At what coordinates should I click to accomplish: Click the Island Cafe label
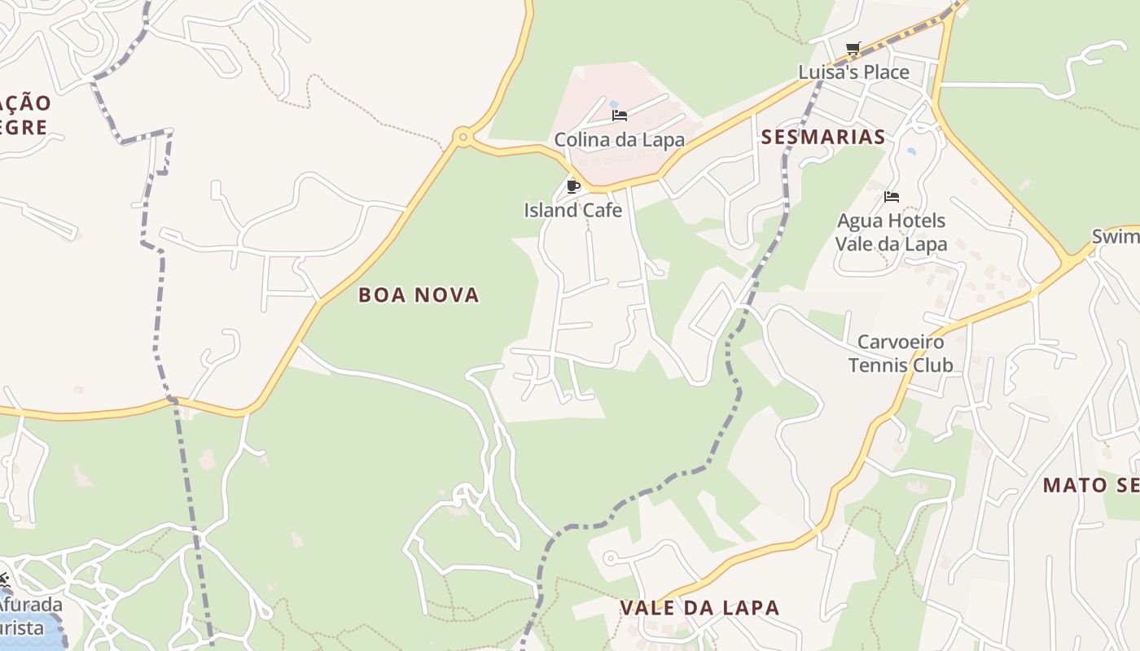click(572, 210)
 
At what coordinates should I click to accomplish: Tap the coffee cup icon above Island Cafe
click(573, 186)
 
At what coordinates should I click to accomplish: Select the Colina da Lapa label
click(619, 139)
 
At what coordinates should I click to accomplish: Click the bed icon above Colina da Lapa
click(620, 116)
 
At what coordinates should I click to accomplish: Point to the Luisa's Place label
click(853, 72)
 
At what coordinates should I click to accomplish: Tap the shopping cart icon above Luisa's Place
click(853, 49)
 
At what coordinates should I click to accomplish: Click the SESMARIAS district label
click(822, 137)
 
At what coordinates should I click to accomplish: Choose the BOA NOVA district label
click(419, 295)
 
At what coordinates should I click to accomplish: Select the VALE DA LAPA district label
click(699, 607)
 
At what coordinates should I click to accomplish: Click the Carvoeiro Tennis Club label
click(901, 353)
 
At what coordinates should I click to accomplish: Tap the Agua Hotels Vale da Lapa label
click(891, 232)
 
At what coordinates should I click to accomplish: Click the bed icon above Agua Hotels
click(892, 197)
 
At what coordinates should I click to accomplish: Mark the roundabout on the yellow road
click(463, 137)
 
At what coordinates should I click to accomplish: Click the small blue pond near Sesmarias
click(911, 151)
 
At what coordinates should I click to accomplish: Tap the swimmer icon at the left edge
click(4, 581)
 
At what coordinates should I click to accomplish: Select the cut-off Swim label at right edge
click(1116, 236)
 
